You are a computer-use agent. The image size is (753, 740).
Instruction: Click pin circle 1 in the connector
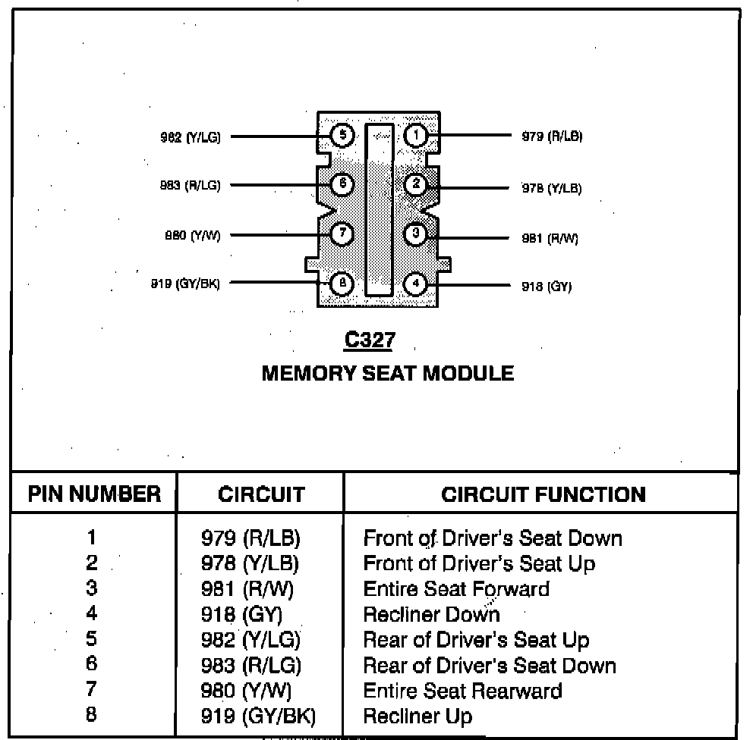tap(416, 136)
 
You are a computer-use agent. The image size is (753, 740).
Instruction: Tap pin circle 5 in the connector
tap(342, 136)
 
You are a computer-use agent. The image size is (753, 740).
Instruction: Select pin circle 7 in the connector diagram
tap(342, 234)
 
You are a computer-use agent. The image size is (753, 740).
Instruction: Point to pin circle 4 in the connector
tap(416, 284)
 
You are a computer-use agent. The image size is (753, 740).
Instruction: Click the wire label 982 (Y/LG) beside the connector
tap(191, 137)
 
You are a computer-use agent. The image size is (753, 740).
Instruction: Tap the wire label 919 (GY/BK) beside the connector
tap(186, 284)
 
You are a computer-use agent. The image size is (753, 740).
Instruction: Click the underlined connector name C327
tap(370, 340)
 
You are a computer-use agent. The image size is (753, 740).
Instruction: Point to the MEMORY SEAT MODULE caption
tap(387, 373)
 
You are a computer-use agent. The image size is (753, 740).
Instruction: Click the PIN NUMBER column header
tap(94, 494)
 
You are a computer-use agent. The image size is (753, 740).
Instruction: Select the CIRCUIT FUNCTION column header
tap(543, 494)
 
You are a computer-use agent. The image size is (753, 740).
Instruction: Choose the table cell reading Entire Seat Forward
tap(456, 588)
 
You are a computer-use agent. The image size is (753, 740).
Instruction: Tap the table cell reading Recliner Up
tap(417, 716)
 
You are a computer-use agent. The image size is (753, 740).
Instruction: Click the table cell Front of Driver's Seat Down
tap(493, 538)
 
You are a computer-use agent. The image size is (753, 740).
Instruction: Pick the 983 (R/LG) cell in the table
tap(250, 666)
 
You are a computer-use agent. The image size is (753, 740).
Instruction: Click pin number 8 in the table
tap(92, 714)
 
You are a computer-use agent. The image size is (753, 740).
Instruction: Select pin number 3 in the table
tap(92, 588)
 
